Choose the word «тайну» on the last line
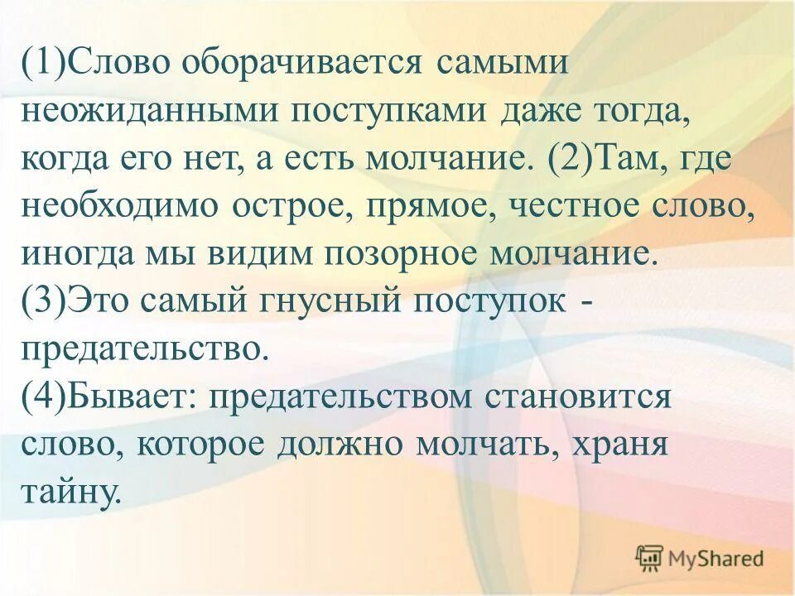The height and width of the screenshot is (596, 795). coord(71,491)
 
